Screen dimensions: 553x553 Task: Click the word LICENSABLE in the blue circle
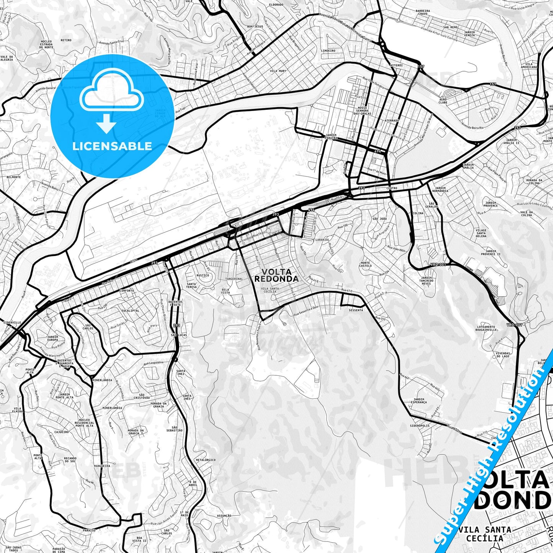[112, 146]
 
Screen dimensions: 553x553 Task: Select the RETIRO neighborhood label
[66, 40]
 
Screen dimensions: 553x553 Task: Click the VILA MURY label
[278, 71]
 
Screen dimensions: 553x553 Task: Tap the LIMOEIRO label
[328, 51]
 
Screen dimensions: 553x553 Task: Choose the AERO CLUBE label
[443, 101]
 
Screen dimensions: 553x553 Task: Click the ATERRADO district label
[392, 120]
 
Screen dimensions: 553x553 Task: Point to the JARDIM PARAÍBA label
[331, 137]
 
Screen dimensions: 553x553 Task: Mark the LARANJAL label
[322, 240]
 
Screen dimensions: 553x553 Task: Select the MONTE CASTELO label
[365, 264]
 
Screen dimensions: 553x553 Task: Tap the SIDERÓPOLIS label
[419, 426]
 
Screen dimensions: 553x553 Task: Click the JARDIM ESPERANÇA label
[419, 401]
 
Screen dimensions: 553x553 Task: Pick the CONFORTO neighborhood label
[127, 291]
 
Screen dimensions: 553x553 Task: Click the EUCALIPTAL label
[131, 311]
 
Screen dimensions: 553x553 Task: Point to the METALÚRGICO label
[206, 460]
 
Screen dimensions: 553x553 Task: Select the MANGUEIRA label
[102, 466]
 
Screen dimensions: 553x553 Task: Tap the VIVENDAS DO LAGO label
[503, 355]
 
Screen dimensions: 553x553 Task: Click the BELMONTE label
[13, 177]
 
